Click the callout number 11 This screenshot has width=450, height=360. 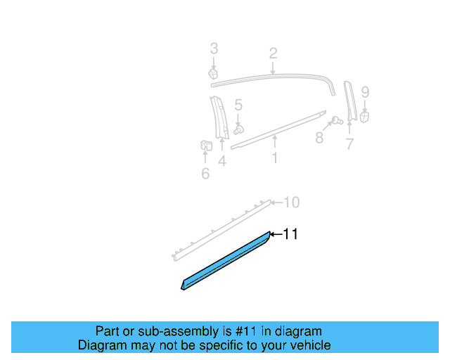coord(290,234)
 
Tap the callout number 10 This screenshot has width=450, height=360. coord(291,202)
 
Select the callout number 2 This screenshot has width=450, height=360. coord(273,53)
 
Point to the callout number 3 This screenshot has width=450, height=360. coord(214,49)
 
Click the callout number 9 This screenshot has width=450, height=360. coord(365,91)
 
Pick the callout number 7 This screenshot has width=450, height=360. coord(349,144)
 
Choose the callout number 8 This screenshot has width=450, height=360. coord(319,138)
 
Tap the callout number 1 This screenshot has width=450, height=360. coord(274,158)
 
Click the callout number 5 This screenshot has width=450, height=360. coord(238,105)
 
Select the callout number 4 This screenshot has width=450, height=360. coord(221,162)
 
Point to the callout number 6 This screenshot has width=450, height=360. coord(205,173)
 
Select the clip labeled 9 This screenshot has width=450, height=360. coord(365,117)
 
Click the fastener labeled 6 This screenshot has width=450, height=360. coord(205,146)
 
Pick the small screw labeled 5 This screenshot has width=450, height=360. coord(239,129)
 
